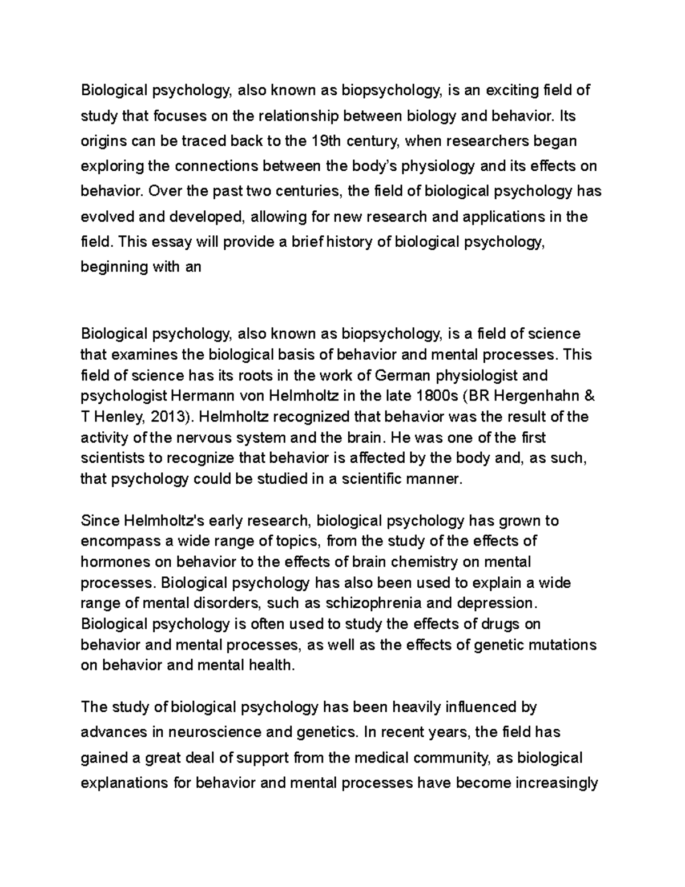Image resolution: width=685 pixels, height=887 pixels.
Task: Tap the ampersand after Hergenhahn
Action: click(590, 396)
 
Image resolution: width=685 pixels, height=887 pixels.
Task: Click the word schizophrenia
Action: click(374, 603)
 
